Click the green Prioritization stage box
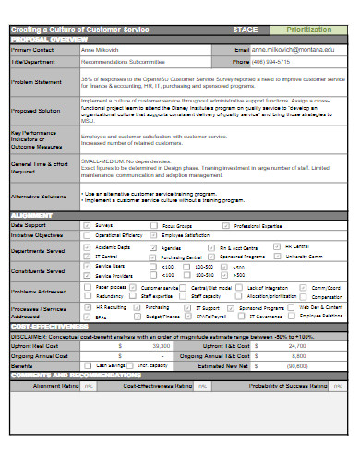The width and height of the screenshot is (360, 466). coord(314,30)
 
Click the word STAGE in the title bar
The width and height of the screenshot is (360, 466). coord(245,30)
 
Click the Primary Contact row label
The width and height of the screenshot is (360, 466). coord(30,48)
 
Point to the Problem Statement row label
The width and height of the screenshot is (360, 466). coord(34,81)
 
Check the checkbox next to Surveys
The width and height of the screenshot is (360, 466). coord(87,224)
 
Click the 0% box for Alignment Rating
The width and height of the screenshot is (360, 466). coord(89,386)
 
